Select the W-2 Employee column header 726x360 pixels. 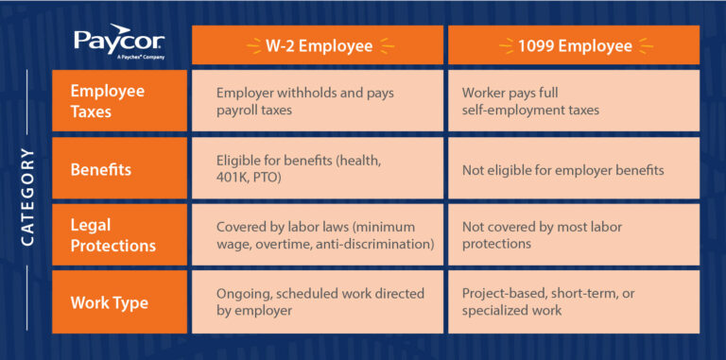coord(318,43)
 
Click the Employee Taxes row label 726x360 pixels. coord(107,100)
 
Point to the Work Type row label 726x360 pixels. coord(108,303)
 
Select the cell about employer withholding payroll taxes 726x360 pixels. coord(318,100)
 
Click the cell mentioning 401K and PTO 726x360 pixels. coord(318,170)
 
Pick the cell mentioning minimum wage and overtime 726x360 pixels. coord(318,235)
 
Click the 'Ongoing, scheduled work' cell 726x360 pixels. coord(318,303)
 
